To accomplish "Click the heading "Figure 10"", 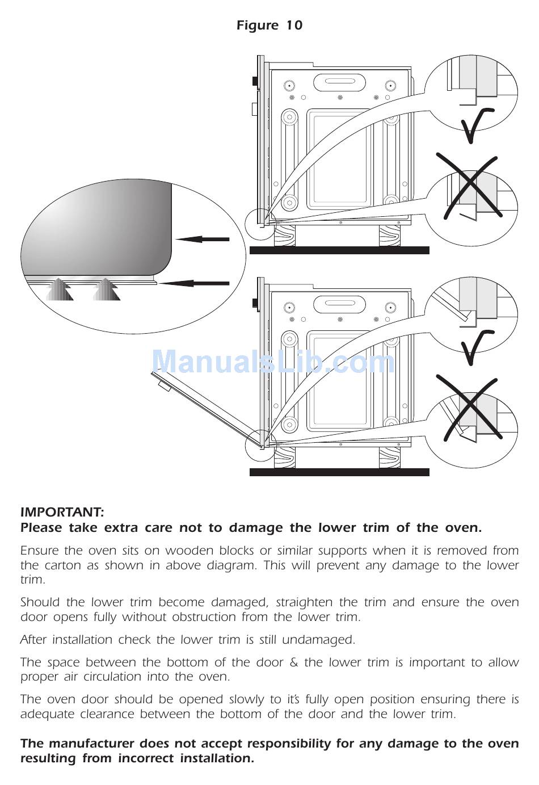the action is [269, 26].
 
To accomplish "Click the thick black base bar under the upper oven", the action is [339, 250].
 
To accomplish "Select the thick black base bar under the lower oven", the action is [339, 472].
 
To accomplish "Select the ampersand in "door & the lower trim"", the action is [294, 662].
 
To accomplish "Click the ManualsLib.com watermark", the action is [272, 362].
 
